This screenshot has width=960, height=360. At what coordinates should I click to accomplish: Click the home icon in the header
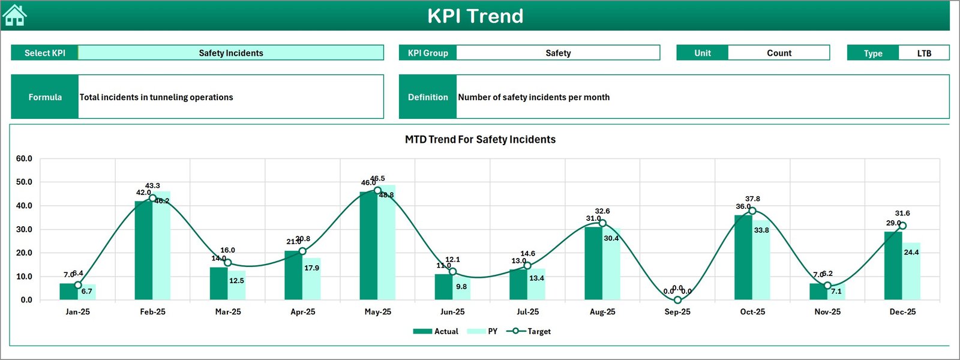pos(14,16)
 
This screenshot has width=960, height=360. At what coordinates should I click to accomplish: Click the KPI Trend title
pos(475,16)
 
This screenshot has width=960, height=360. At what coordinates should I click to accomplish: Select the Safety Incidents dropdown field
pos(231,53)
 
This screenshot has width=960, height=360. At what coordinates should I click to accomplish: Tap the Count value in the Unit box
pos(779,53)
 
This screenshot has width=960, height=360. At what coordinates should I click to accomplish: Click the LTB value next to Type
pos(924,53)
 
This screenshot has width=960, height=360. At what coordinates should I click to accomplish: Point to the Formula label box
pos(45,97)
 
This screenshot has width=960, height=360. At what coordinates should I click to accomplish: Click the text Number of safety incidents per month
pos(533,97)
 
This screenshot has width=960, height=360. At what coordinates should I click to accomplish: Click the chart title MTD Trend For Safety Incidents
pos(480,139)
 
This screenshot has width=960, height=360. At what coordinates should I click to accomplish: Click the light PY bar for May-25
pos(386,246)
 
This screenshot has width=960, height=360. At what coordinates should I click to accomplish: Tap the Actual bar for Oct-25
pos(743,257)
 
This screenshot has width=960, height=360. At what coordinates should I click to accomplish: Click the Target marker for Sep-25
pos(677,299)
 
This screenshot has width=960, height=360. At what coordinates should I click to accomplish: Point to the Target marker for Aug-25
pos(602,223)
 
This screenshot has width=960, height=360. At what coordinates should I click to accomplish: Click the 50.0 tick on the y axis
pos(24,182)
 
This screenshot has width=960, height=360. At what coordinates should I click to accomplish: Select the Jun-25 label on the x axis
pos(452,311)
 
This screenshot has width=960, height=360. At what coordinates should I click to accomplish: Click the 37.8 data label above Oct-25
pos(752,199)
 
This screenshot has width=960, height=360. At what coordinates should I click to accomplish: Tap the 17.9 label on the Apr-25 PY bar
pos(311,268)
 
